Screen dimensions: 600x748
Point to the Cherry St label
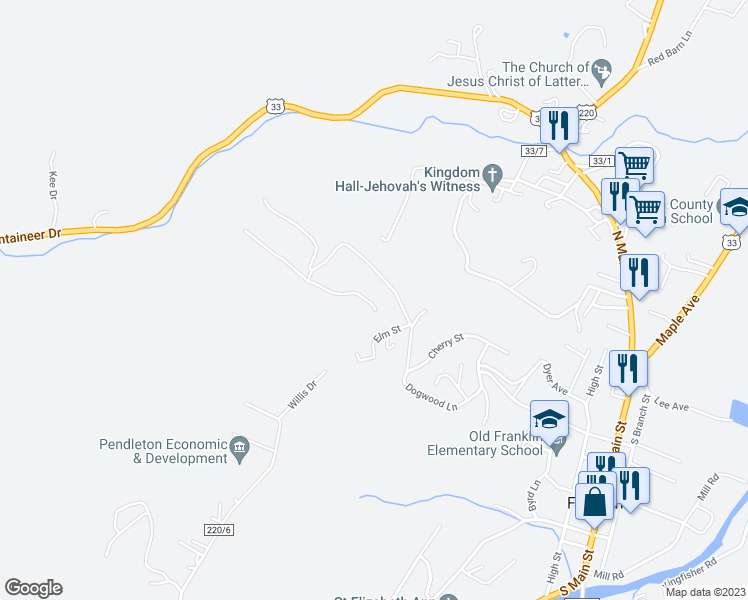point(446,346)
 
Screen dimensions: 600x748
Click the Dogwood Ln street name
point(431,398)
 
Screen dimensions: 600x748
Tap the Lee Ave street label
point(671,406)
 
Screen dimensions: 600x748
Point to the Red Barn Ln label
point(670,58)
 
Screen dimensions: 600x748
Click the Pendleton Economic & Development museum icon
point(239,447)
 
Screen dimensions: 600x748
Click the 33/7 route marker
point(534,150)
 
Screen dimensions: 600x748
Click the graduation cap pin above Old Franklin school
point(549,419)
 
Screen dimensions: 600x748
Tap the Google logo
point(33,588)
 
